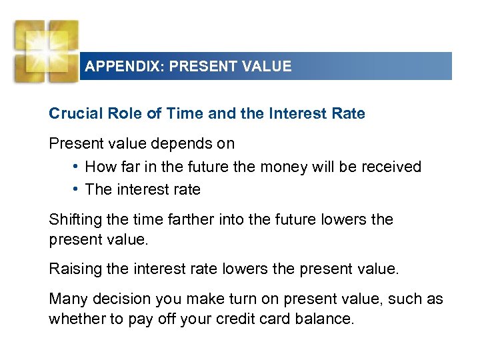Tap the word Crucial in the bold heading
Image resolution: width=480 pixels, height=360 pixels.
pos(73,113)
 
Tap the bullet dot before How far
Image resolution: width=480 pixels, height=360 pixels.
pos(77,167)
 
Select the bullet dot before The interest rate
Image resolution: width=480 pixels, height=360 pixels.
pos(77,189)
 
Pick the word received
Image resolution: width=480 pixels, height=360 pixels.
pos(391,167)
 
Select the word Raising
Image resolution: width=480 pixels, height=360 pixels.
pos(75,269)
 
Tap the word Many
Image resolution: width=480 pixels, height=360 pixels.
pos(67,299)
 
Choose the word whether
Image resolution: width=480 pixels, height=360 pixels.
pos(76,318)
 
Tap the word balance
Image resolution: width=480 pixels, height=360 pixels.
pos(327,318)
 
